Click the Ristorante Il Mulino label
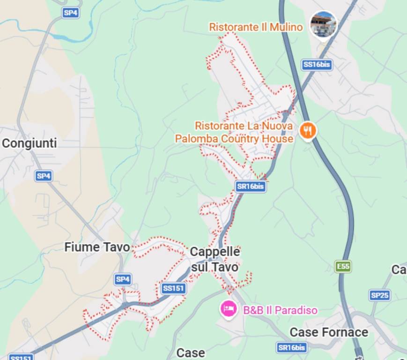pos(256,27)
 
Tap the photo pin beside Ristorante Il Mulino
pos(324,25)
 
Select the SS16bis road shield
pos(317,65)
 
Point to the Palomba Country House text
pos(234,139)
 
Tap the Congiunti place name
pos(30,143)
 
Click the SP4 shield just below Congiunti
pos(44,176)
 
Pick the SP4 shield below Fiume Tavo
pos(122,279)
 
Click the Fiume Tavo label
pos(97,247)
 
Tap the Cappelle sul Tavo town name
pos(215,259)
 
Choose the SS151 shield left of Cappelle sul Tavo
pos(173,288)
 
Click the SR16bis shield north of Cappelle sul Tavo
pos(251,186)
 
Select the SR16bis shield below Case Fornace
pos(292,347)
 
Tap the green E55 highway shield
pos(343,266)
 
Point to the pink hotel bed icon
pos(228,309)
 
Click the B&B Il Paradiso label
pos(280,310)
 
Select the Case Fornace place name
pos(329,332)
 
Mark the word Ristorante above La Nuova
pos(220,126)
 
